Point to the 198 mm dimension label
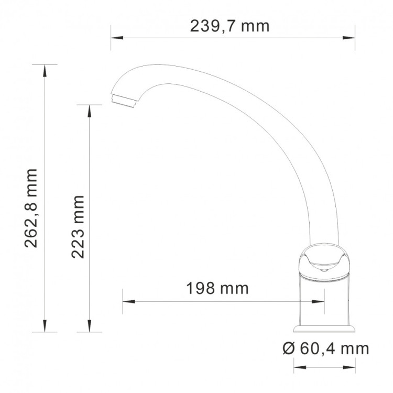click(x=217, y=288)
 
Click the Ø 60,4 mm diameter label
click(x=325, y=348)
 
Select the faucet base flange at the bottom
click(x=324, y=327)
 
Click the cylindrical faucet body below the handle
click(x=324, y=301)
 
